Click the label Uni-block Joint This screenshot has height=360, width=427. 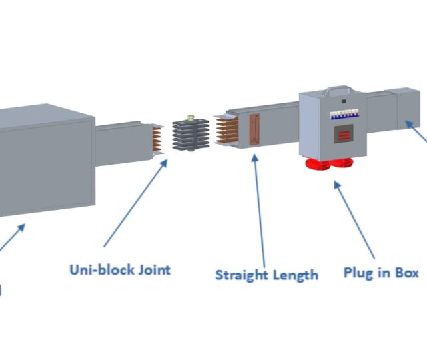coord(120,269)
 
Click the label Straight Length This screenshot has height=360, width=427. coord(266,274)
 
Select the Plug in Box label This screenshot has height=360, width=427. coord(381,272)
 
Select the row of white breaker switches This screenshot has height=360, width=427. coord(342,114)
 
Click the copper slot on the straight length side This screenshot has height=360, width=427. coord(253,129)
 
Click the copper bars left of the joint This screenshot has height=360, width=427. coord(157,138)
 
